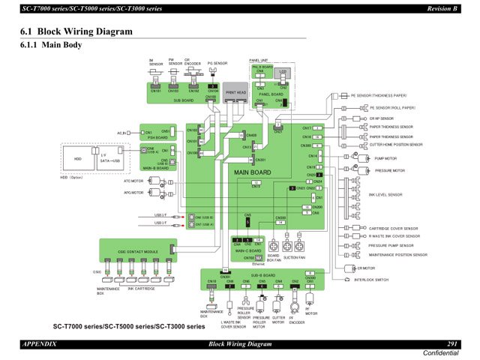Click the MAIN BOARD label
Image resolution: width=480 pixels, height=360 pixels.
[252, 172]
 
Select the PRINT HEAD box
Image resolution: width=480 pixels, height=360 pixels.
[235, 93]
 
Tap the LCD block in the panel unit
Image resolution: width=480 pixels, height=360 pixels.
[283, 73]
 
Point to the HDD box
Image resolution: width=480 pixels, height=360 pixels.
[77, 159]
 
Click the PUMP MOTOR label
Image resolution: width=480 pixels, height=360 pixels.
[385, 158]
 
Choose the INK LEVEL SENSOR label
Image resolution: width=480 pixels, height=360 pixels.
[385, 194]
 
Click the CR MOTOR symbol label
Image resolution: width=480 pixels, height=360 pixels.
[365, 268]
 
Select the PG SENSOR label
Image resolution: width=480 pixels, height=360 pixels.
[217, 64]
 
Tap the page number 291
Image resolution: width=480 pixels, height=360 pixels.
[452, 343]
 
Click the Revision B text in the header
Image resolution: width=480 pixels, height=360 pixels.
[442, 7]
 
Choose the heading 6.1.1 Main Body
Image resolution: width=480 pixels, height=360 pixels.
[52, 44]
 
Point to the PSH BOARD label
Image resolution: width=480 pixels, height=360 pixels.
[157, 137]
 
